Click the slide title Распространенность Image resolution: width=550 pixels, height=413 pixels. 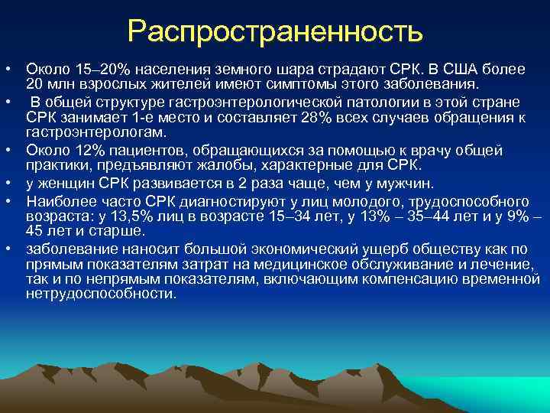(275, 31)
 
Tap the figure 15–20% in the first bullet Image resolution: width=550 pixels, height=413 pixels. (89, 70)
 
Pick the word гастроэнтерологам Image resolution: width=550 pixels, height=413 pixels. (86, 132)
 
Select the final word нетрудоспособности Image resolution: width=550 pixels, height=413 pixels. (100, 293)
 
